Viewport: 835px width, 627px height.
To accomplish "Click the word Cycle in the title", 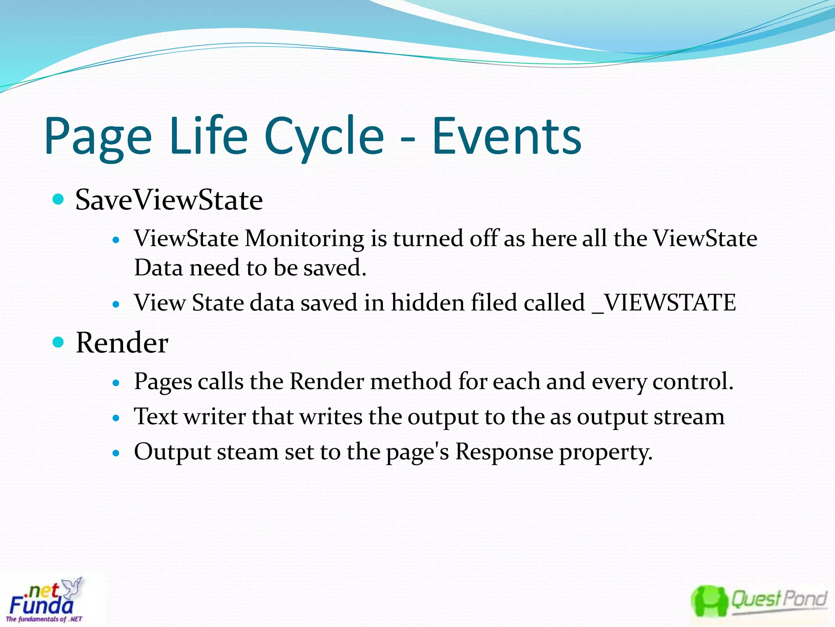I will click(x=324, y=137).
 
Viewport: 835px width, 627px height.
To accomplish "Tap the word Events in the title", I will click(x=506, y=137).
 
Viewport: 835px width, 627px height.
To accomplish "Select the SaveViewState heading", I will click(x=169, y=200).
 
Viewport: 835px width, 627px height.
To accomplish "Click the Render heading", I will click(x=122, y=343).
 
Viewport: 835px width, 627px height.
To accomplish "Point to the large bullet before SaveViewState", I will click(x=59, y=199).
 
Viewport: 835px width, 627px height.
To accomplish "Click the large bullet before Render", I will click(x=59, y=342).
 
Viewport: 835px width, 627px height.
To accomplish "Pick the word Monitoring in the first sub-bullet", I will click(x=304, y=239).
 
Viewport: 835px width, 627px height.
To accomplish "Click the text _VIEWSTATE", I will click(x=664, y=303).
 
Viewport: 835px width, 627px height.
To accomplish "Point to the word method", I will click(x=411, y=382).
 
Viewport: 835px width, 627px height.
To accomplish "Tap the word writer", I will click(x=214, y=417).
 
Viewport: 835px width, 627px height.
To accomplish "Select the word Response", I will click(x=504, y=452).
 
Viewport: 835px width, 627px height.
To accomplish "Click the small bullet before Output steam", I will click(x=117, y=453).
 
